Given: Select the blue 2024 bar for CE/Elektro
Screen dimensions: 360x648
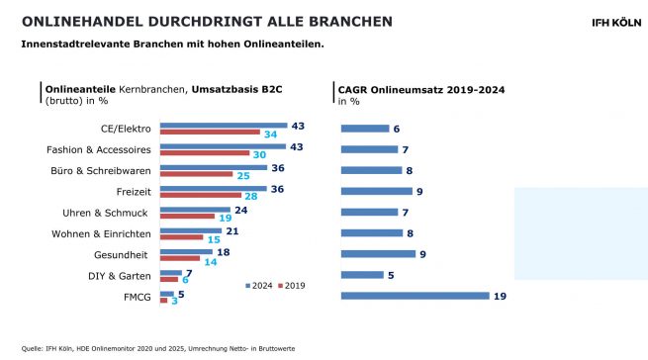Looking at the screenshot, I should click(223, 126).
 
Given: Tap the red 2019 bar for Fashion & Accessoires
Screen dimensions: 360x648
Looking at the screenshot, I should click(205, 153).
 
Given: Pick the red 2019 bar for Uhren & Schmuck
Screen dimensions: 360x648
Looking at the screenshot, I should click(187, 217).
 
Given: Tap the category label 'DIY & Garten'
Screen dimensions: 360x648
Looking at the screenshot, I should click(122, 275).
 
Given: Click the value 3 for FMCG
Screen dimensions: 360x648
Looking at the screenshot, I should click(174, 302).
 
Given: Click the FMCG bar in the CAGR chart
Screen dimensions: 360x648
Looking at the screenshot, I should click(415, 295).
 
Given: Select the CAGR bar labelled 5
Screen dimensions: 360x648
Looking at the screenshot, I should click(363, 275).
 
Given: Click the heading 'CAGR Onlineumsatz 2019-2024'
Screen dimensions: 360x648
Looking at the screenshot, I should click(421, 89).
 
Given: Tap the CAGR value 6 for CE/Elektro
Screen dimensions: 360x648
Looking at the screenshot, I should click(396, 129).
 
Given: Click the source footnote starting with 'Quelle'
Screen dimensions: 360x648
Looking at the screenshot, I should click(158, 348).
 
